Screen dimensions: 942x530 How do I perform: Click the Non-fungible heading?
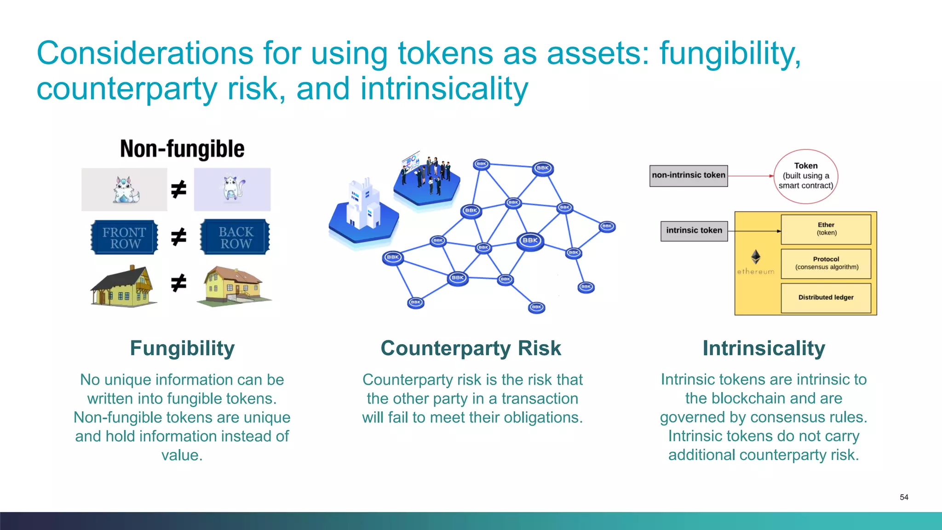point(182,149)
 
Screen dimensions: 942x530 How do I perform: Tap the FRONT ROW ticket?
point(124,237)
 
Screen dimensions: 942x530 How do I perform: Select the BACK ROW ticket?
point(235,237)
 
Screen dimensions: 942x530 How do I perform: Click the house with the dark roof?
point(123,286)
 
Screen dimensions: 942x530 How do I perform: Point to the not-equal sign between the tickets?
point(178,237)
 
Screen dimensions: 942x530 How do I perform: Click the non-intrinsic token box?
point(688,175)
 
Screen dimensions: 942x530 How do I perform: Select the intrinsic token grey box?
point(694,230)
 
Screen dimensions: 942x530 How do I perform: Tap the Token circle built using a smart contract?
point(806,176)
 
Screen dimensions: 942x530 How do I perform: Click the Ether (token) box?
point(826,229)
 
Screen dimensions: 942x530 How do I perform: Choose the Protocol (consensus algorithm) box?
point(826,263)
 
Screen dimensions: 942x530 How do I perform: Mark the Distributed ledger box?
point(826,298)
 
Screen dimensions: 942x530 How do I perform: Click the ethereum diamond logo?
point(756,257)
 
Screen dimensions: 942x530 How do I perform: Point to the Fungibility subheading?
point(182,348)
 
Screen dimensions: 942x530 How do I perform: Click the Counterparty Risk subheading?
point(471,348)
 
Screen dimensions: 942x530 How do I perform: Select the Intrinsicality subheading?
point(764,348)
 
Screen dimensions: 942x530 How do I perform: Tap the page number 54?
point(904,497)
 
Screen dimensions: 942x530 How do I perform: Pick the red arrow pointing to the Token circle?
point(751,176)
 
